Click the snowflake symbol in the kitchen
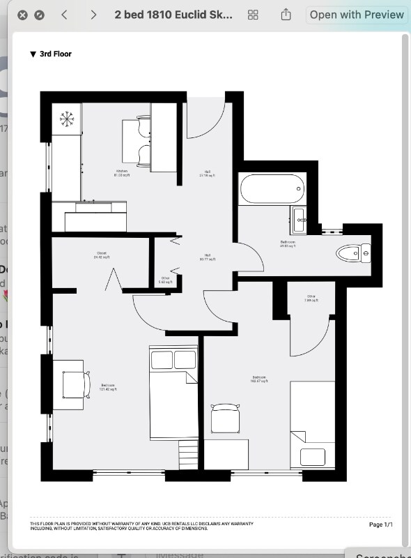point(67,119)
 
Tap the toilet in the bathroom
point(352,252)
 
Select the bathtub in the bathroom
point(272,189)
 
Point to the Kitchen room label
point(123,173)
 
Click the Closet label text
point(102,255)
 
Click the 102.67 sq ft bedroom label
point(260,380)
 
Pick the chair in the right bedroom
point(225,419)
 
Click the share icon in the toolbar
point(286,15)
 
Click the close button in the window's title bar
point(23,15)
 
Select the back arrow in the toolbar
point(65,15)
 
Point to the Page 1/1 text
point(381,524)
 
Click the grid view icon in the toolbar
point(253,15)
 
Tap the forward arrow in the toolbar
point(93,15)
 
